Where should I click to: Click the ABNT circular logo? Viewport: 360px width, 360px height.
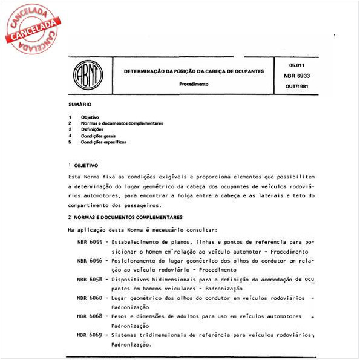pos(88,77)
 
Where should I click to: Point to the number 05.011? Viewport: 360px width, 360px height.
pos(296,64)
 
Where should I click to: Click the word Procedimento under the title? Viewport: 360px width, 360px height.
pos(194,84)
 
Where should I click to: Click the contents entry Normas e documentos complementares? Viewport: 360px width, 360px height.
pos(122,123)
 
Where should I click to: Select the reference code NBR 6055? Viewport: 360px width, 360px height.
pos(90,242)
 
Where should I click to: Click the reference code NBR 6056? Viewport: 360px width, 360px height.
pos(90,260)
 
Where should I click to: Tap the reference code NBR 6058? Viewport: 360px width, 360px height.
pos(90,279)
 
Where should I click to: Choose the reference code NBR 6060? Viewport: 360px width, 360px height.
pos(90,298)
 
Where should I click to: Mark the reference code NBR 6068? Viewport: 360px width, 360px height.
pos(90,316)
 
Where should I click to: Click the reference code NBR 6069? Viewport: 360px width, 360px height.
pos(90,335)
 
